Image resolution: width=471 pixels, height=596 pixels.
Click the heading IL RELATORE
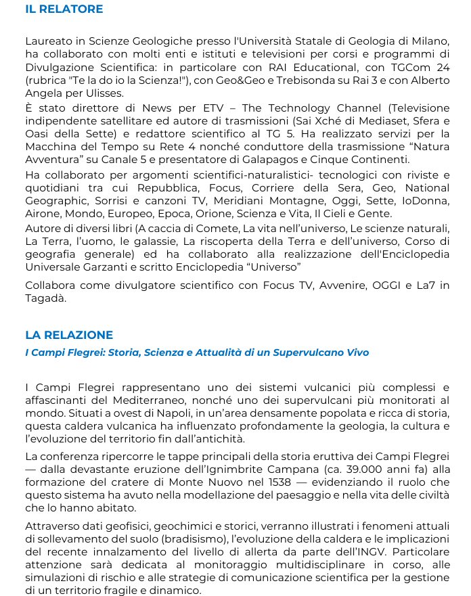pos(64,9)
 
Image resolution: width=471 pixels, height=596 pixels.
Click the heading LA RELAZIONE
pos(69,335)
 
